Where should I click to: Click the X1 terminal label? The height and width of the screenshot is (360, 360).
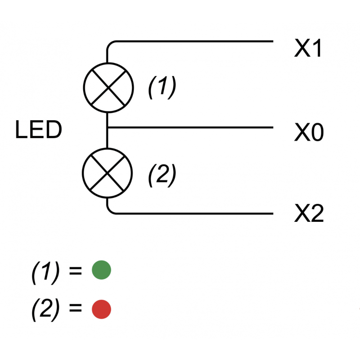[308, 49]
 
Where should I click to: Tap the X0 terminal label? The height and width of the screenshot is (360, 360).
[309, 133]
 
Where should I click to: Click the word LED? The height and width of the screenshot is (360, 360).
[38, 130]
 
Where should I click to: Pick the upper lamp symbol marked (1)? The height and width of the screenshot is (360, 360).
[108, 87]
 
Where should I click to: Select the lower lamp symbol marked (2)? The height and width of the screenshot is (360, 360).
[108, 172]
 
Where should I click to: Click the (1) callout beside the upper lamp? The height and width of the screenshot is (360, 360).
[162, 87]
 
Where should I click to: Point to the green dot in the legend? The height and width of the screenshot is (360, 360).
[101, 270]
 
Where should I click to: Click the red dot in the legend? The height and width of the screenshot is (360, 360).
[101, 309]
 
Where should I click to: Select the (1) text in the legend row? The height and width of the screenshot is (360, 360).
[45, 272]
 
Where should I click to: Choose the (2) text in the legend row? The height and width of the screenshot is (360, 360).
[45, 310]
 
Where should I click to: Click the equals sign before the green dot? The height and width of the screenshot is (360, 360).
[76, 271]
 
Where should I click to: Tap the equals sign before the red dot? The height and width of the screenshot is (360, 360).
[76, 310]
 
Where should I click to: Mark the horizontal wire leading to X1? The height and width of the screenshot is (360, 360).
[193, 41]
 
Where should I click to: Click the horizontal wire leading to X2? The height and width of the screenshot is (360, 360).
[193, 213]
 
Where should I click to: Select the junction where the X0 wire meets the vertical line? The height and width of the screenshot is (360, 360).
[108, 127]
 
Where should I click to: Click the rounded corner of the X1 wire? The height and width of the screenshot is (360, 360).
[110, 44]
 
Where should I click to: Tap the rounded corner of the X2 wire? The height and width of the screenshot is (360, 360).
[110, 211]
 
